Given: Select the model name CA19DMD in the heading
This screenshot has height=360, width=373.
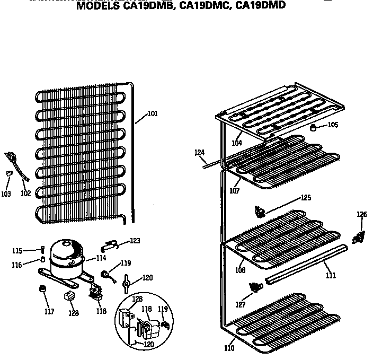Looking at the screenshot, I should (x=261, y=6).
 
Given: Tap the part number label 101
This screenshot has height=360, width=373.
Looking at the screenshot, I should (x=153, y=113).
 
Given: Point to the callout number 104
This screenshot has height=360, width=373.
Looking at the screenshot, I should (x=237, y=143).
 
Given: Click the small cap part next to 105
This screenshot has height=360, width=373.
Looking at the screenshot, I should (x=313, y=127).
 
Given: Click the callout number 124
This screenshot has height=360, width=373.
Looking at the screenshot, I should (x=199, y=153).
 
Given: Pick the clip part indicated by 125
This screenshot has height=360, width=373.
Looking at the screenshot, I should (x=260, y=212).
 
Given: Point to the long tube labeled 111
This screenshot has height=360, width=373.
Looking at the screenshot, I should (x=307, y=264).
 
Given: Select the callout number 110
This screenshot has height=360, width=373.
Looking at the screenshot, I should (x=229, y=348).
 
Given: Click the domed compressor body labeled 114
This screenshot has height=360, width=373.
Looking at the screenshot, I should (x=66, y=254).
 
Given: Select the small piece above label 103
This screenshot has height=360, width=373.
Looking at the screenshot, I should (x=8, y=174).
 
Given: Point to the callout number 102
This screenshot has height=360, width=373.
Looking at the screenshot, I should (x=25, y=194).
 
